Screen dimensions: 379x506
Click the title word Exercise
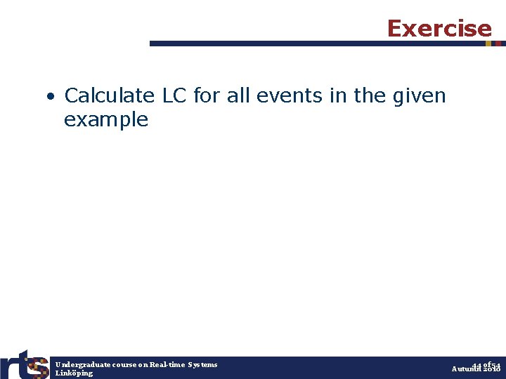coord(439,28)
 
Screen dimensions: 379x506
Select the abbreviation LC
coord(175,95)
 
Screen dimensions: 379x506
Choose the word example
coord(106,120)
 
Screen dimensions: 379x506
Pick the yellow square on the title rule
coord(488,44)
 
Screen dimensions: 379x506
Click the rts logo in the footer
coord(25,364)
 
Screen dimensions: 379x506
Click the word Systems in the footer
coord(202,364)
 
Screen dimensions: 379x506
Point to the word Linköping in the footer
coord(74,373)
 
